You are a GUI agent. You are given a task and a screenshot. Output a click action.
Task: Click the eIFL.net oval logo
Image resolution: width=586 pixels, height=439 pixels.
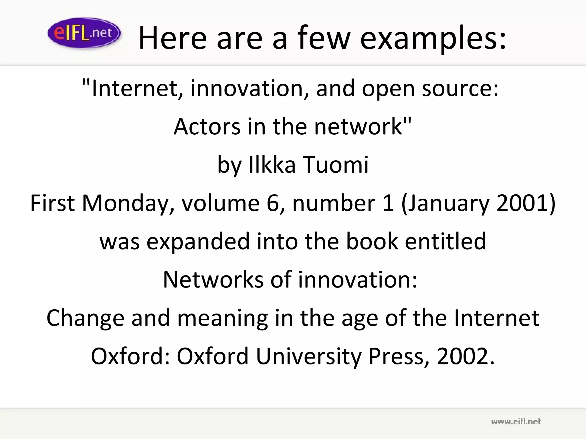click(x=84, y=33)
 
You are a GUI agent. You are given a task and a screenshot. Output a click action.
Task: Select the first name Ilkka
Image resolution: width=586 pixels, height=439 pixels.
click(x=272, y=165)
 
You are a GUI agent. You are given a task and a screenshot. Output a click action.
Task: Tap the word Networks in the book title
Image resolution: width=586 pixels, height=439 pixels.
click(x=213, y=280)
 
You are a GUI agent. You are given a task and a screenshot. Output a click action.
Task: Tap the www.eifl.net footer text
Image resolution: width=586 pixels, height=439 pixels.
click(x=516, y=422)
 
